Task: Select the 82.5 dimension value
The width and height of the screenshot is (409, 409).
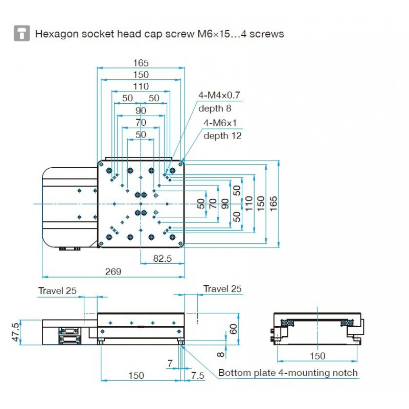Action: pyautogui.click(x=162, y=259)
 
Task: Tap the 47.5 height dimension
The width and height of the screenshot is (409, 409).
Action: pyautogui.click(x=16, y=332)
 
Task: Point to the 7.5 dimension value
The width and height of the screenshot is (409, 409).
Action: pyautogui.click(x=197, y=375)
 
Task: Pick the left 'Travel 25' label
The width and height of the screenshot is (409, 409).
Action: pyautogui.click(x=57, y=291)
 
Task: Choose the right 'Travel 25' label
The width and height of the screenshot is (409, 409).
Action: pyautogui.click(x=222, y=289)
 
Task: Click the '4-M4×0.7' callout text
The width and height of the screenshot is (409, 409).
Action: pyautogui.click(x=219, y=95)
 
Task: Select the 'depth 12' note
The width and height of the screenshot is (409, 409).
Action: pyautogui.click(x=222, y=136)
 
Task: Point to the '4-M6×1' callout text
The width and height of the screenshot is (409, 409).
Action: pyautogui.click(x=223, y=123)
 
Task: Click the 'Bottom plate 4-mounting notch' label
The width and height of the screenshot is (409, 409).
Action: pyautogui.click(x=288, y=373)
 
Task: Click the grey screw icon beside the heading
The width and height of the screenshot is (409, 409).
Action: pyautogui.click(x=21, y=34)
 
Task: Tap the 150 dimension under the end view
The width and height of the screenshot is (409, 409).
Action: pyautogui.click(x=317, y=356)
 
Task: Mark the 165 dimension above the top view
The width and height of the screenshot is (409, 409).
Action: pyautogui.click(x=141, y=63)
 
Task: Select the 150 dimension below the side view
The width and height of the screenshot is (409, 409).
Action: pyautogui.click(x=136, y=376)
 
